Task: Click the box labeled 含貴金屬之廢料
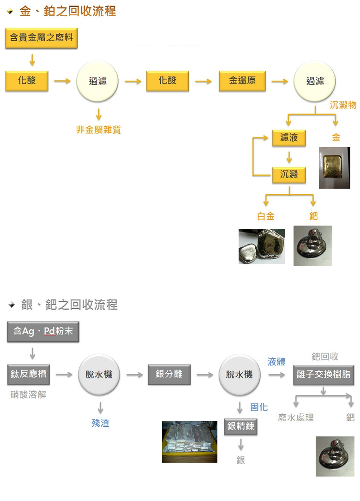(x=42, y=38)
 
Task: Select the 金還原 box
(x=242, y=81)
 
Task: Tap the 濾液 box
(x=289, y=137)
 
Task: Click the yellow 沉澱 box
(x=289, y=174)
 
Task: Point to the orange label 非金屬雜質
(x=98, y=130)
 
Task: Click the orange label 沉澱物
(x=343, y=105)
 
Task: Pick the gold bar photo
(x=335, y=167)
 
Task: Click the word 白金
(x=266, y=216)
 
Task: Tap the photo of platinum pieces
(x=262, y=246)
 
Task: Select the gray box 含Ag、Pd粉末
(x=43, y=331)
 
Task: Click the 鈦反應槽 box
(x=29, y=374)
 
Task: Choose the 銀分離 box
(x=169, y=374)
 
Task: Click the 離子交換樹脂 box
(x=324, y=374)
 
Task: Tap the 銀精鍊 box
(x=240, y=426)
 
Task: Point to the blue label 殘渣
(x=100, y=423)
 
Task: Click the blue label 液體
(x=276, y=362)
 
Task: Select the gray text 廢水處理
(x=296, y=417)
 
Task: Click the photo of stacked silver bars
(x=189, y=441)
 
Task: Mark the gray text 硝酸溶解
(x=29, y=394)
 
